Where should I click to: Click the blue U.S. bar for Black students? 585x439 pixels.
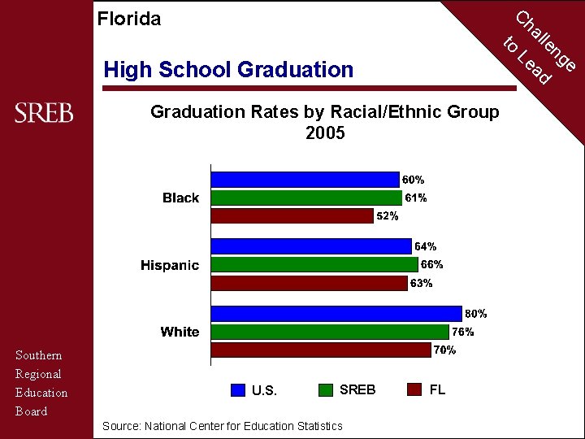(305, 180)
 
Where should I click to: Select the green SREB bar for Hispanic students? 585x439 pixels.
(314, 264)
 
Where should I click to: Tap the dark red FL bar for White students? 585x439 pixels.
(321, 350)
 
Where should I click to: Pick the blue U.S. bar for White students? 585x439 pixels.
(336, 313)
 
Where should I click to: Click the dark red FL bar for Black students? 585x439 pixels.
(292, 215)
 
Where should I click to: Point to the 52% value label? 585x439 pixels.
(387, 216)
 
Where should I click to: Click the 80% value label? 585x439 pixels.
(475, 314)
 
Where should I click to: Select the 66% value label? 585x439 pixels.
(431, 264)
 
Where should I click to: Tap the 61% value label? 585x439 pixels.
(416, 198)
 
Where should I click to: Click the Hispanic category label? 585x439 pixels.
(169, 265)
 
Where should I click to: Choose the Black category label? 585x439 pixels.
(180, 198)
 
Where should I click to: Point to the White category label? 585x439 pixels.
(180, 332)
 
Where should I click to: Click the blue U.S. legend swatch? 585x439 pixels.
(237, 389)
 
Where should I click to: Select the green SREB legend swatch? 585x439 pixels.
(326, 389)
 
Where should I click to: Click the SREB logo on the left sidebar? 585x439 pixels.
(44, 113)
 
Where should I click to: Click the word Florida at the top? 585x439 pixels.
(128, 19)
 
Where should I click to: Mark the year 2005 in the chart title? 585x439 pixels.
(325, 133)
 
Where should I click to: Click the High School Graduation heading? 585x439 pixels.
(228, 70)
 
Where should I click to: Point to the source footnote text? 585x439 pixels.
(222, 426)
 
